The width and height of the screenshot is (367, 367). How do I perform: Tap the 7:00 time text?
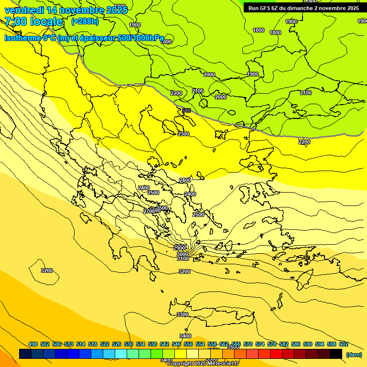pos(17,22)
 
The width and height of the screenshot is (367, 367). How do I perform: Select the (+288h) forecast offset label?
pos(85,21)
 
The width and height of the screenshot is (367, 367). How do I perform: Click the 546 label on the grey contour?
pos(186,111)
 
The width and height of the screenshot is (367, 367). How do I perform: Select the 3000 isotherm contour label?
pos(183,254)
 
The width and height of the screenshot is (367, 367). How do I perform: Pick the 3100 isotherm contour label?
pos(183,259)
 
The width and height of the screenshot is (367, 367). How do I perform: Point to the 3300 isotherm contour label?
pos(183,314)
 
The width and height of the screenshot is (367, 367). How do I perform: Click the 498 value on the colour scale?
pos(33,344)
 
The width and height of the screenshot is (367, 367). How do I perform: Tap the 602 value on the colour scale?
pos(344,344)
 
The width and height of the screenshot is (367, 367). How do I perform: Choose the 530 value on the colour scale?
pos(129,344)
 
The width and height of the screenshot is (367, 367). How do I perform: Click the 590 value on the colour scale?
pos(308,344)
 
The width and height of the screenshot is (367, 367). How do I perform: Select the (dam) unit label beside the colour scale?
pos(354,354)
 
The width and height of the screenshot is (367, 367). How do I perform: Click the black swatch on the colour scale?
pos(336,354)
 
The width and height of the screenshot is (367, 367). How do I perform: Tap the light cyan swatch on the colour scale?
pos(121,354)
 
